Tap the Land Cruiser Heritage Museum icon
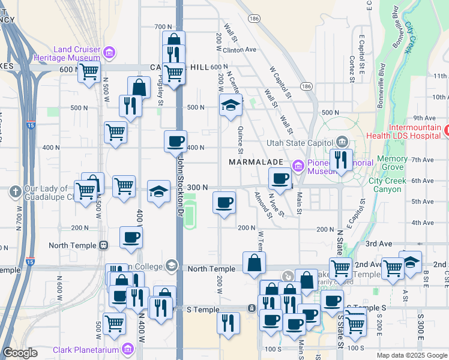tap(109, 53)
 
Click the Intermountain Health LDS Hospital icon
tap(447, 129)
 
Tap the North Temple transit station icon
tap(104, 245)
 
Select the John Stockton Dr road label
tap(179, 187)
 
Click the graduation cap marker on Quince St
tap(231, 106)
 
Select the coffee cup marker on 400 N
tap(175, 142)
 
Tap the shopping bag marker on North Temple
tap(254, 262)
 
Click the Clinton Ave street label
tap(244, 50)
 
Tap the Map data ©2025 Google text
tap(411, 355)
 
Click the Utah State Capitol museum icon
tap(342, 142)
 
